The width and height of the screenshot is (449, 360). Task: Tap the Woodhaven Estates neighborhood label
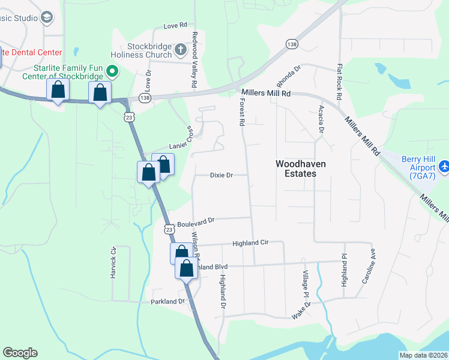(x=295, y=168)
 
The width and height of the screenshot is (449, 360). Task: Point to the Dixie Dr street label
(x=221, y=175)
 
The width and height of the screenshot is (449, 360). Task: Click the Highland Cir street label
(x=249, y=242)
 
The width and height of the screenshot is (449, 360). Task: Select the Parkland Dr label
(x=165, y=301)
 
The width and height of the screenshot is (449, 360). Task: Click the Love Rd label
(x=175, y=26)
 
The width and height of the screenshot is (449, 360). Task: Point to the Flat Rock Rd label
(x=339, y=82)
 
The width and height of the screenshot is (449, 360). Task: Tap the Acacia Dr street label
(x=321, y=118)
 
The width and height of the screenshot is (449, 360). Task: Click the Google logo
(x=20, y=353)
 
